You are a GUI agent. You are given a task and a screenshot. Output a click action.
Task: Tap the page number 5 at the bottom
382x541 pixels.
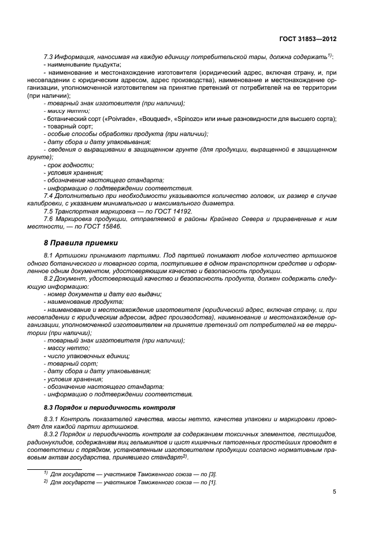pos(335,492)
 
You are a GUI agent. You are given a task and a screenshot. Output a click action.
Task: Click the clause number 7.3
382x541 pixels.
pos(49,57)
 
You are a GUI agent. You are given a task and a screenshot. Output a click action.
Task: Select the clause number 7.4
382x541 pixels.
pos(49,196)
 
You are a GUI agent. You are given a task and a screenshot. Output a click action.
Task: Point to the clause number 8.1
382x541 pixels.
pos(49,256)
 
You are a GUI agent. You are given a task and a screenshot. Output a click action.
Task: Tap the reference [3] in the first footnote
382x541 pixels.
pos(212,473)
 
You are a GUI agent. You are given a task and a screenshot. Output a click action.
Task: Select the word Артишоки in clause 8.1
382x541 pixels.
pos(74,256)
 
